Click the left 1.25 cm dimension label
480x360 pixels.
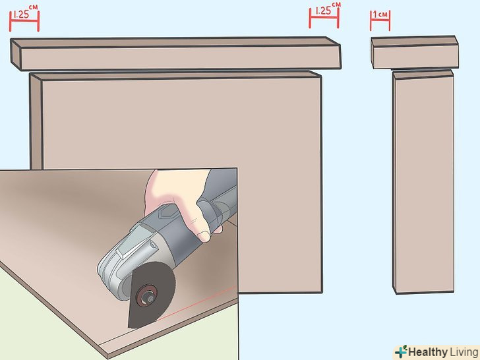[24, 12]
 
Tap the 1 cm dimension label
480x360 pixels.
[380, 14]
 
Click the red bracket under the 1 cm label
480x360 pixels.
[380, 21]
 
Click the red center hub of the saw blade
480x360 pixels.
[147, 295]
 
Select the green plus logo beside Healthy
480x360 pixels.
[401, 351]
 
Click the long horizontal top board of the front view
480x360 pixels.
[176, 53]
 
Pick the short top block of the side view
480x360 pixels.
[415, 52]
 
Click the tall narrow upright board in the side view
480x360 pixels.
[423, 182]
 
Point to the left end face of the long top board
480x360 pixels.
[16, 54]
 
